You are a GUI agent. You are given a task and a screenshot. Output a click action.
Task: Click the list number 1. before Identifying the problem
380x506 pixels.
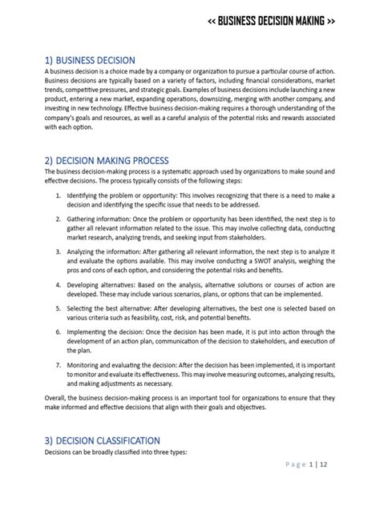tap(59, 195)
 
